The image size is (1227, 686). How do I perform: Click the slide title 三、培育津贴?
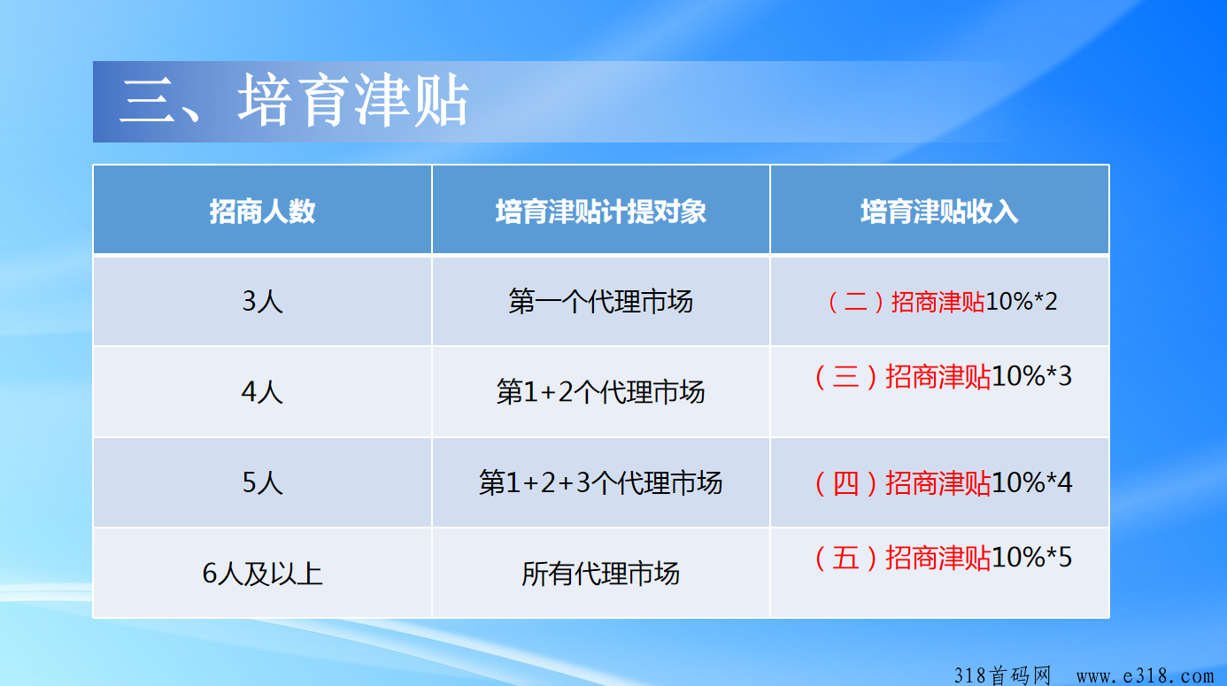(x=294, y=101)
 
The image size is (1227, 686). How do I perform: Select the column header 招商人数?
(x=262, y=212)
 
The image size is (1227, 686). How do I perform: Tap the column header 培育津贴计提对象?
(x=601, y=212)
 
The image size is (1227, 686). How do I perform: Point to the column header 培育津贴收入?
(x=939, y=212)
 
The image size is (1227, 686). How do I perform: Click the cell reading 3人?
(x=262, y=301)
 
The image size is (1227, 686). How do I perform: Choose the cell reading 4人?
(x=262, y=392)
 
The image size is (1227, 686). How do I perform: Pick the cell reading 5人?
(x=262, y=483)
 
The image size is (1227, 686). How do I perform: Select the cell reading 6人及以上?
(x=262, y=574)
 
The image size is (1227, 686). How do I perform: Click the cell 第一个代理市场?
(x=601, y=301)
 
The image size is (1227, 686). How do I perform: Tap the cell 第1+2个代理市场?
(x=601, y=392)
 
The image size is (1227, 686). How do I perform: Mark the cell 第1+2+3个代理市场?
(x=601, y=483)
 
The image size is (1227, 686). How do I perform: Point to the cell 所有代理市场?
(x=601, y=574)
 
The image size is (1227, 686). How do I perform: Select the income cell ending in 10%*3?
(x=943, y=376)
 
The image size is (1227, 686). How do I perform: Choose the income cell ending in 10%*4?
(x=943, y=483)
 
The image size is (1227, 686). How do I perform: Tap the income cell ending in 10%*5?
(x=943, y=558)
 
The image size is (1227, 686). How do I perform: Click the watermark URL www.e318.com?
(x=1145, y=675)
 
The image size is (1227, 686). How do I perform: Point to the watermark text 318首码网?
(x=1002, y=675)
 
